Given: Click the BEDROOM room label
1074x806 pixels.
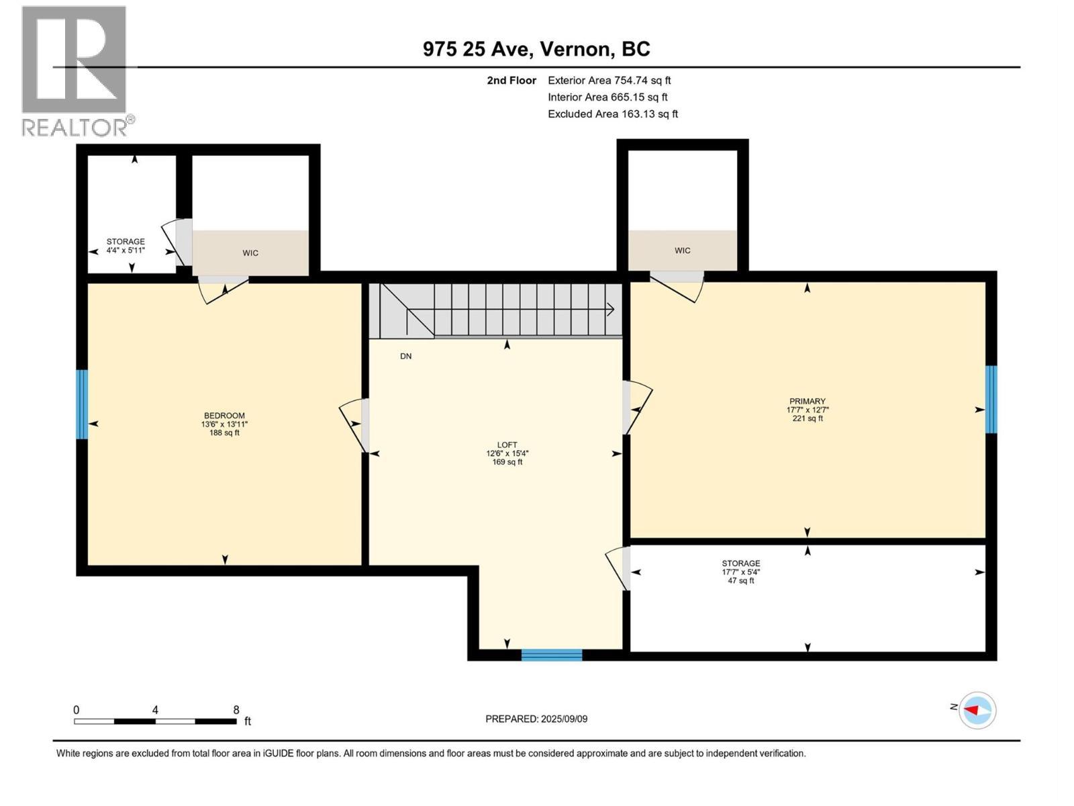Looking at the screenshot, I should point(224,416).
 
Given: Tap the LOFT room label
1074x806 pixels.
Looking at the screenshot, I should point(507,445).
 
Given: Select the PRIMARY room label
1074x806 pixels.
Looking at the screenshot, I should point(807,401).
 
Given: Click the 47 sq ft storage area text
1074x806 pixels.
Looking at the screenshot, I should point(740,580).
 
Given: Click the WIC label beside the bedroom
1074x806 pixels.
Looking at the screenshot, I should point(250,253).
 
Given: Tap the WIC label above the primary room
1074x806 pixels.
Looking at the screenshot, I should point(682,251).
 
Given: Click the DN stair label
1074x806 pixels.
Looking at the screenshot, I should point(405,356).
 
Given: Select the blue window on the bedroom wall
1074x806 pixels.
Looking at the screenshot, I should point(82,404).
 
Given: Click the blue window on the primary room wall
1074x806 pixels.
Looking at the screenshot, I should point(991,400).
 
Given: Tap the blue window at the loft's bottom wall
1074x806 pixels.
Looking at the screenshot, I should point(552,655).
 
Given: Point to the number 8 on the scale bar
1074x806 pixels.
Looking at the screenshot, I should point(236,710).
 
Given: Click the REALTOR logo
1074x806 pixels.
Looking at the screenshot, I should point(75,71).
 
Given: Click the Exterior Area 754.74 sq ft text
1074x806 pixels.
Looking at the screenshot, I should point(609,81).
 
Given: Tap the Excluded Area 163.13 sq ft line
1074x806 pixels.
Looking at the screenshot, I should point(612,114).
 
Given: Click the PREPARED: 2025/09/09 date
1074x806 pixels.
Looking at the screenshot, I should point(536,719).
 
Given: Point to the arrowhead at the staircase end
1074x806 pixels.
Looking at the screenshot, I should point(611,309).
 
